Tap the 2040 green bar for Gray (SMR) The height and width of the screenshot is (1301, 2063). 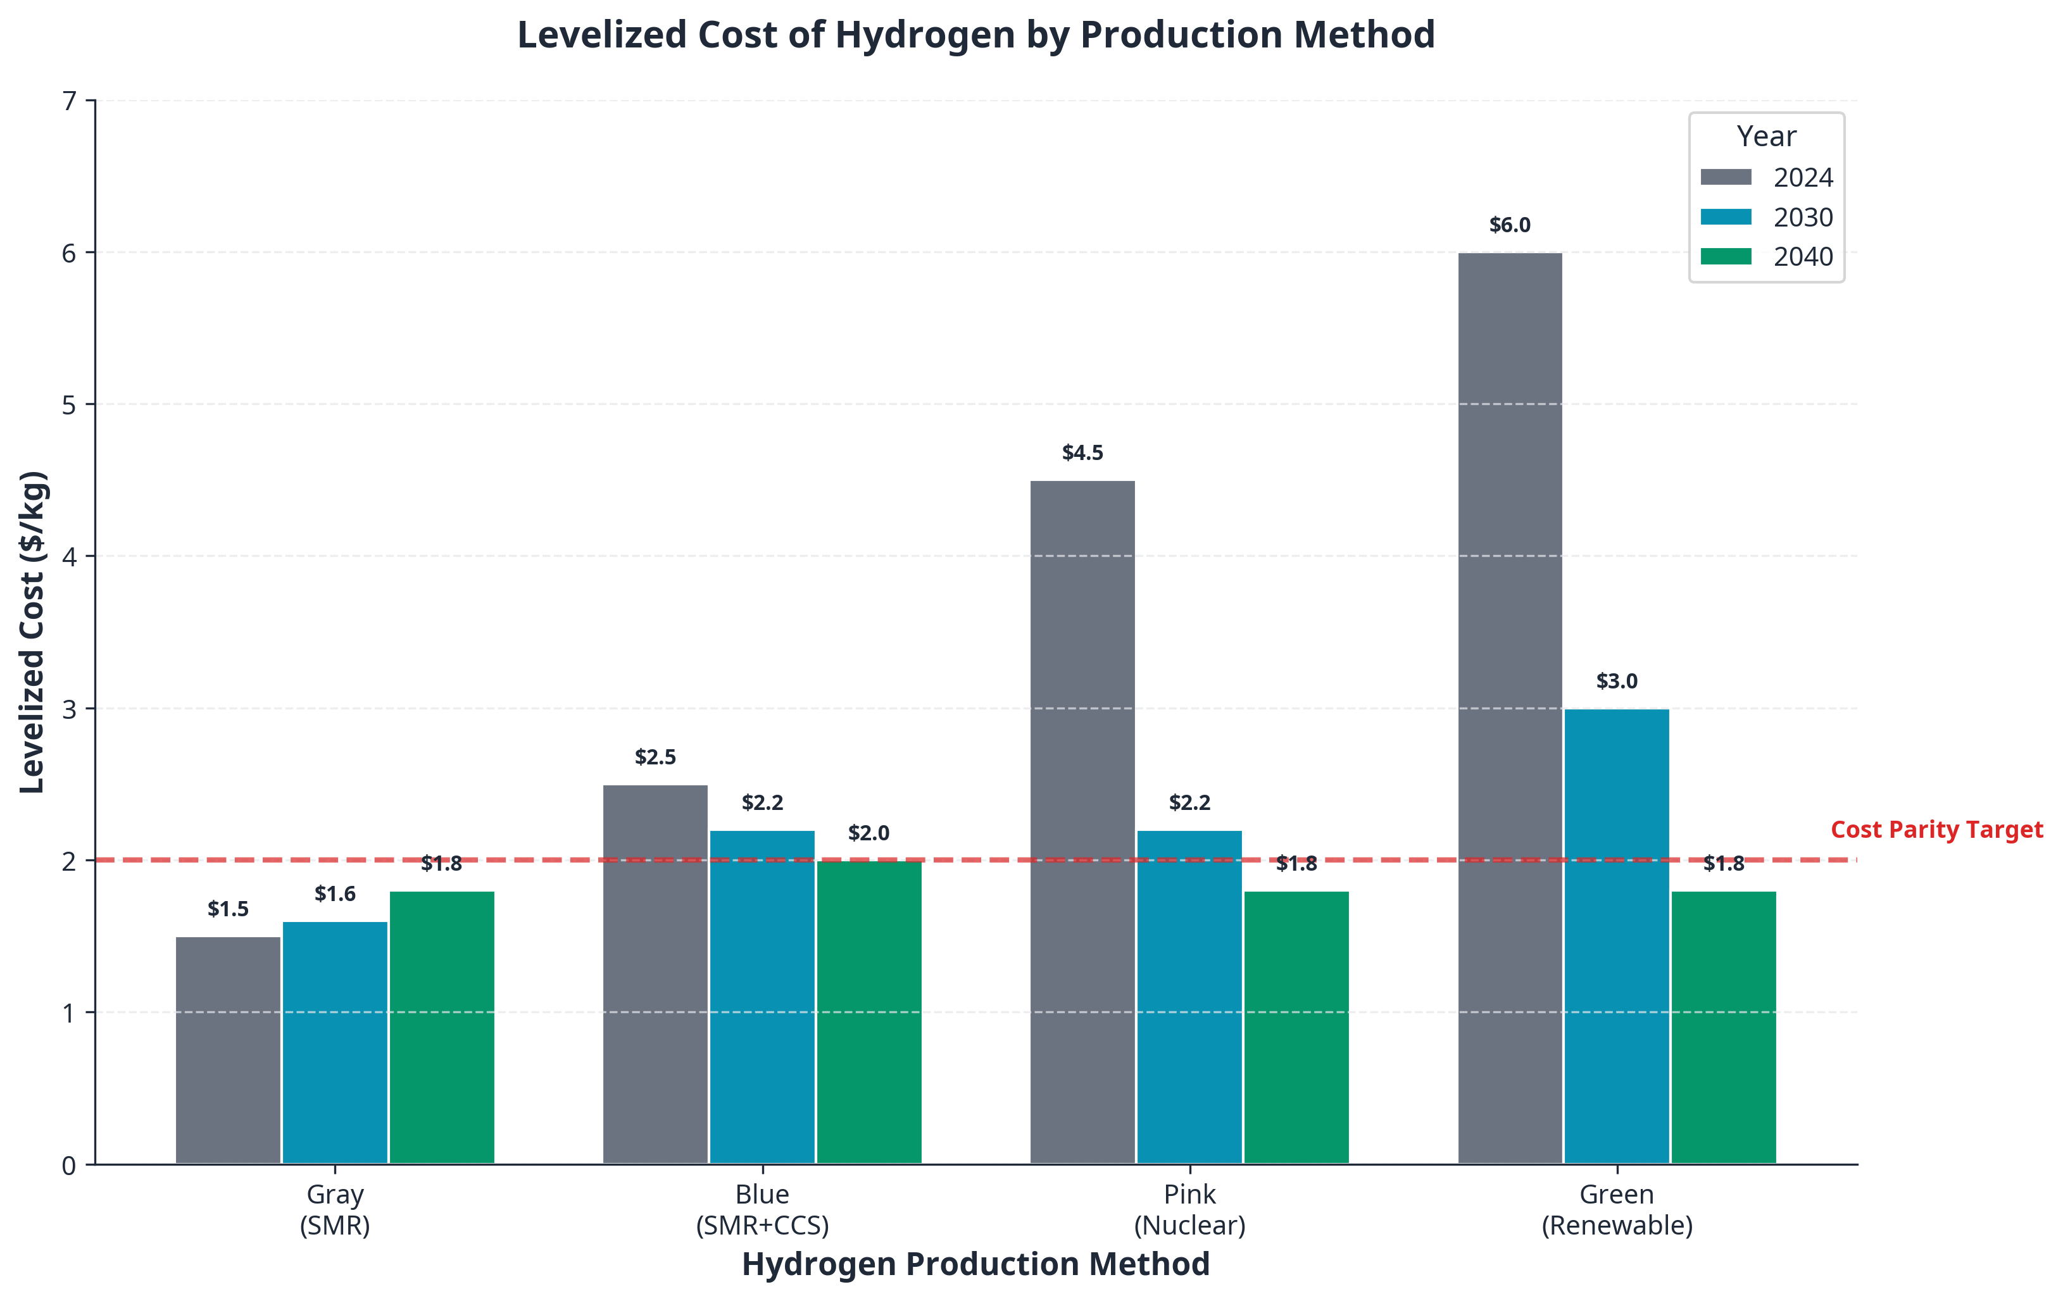click(442, 1027)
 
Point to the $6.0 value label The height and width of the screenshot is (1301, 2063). click(1510, 225)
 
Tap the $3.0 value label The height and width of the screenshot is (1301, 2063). click(1617, 682)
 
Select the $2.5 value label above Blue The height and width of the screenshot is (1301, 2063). click(655, 757)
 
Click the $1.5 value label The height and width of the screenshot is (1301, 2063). click(228, 909)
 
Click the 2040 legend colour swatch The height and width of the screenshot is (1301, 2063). click(1726, 256)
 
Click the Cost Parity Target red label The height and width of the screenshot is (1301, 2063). click(1936, 830)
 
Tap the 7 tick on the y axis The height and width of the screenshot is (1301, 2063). click(68, 102)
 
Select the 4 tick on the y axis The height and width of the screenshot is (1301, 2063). click(68, 557)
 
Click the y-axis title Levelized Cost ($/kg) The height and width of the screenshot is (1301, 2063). click(32, 632)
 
